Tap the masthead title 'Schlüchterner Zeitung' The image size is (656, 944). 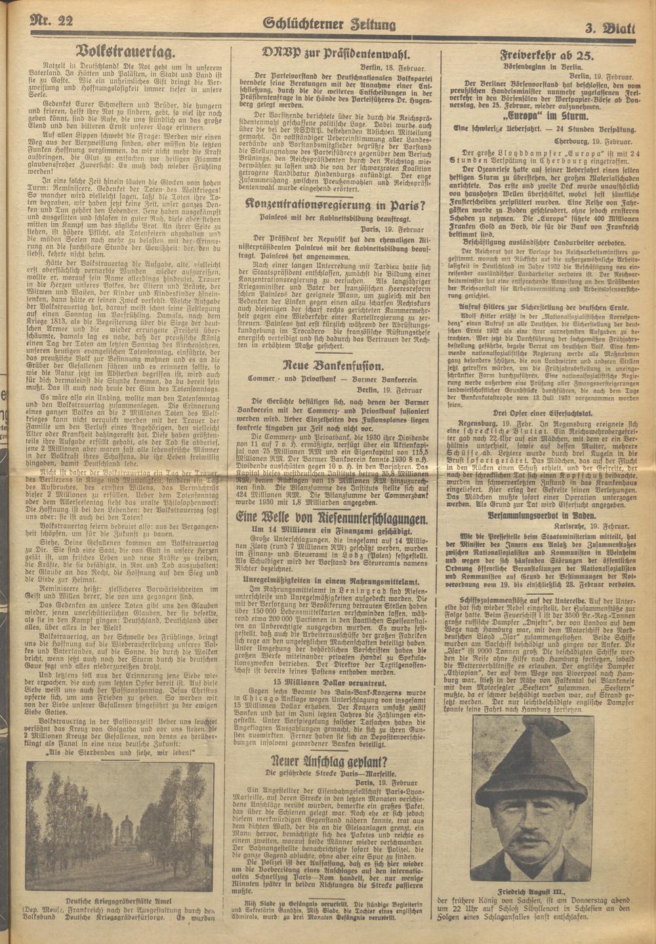coord(329,24)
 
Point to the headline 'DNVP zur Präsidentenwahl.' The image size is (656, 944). coord(336,54)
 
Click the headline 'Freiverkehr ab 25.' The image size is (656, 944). coord(546,54)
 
